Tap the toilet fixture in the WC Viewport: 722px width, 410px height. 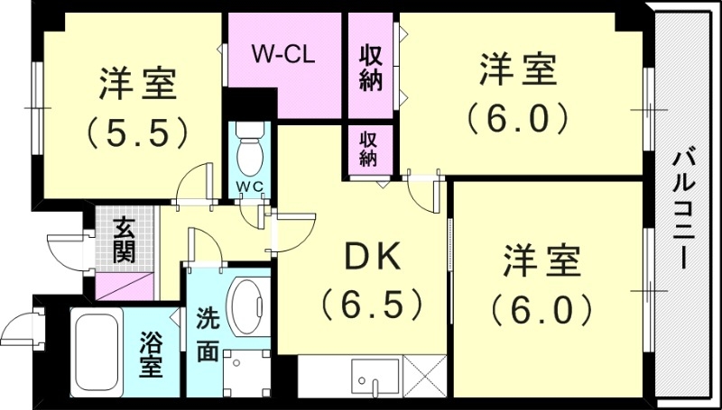(249, 152)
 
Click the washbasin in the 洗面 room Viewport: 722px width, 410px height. (245, 306)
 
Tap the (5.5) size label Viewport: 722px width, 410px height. (139, 133)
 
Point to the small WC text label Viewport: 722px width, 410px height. (249, 187)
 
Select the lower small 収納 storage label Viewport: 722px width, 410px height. (368, 149)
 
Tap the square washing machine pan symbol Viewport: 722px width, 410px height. (241, 371)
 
